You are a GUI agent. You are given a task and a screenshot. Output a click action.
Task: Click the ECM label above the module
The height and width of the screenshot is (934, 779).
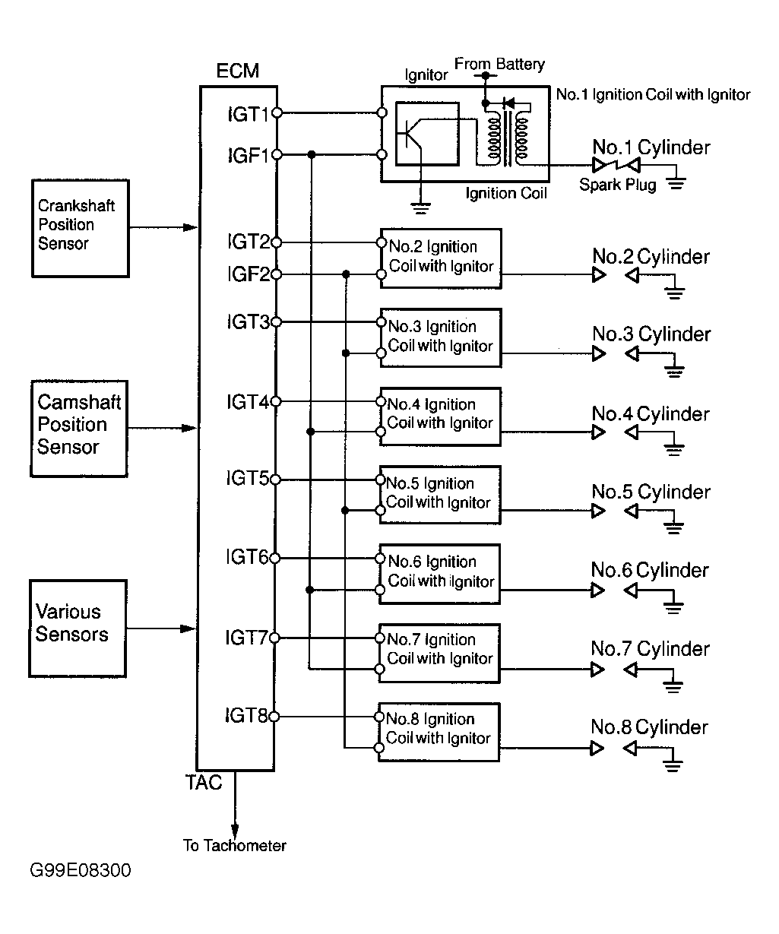(x=238, y=71)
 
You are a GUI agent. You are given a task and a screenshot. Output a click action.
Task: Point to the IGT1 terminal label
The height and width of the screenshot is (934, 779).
(x=249, y=114)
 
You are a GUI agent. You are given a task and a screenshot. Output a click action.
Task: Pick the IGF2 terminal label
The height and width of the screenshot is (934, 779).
(x=249, y=274)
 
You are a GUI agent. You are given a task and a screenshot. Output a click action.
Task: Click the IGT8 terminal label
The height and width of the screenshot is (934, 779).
(x=246, y=715)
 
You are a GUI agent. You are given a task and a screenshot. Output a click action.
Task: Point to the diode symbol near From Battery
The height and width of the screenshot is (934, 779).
(x=508, y=103)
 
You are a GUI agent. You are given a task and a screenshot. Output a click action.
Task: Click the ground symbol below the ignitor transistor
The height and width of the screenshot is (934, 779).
(x=420, y=208)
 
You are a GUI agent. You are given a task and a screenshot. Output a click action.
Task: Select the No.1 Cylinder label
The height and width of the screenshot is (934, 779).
(x=651, y=147)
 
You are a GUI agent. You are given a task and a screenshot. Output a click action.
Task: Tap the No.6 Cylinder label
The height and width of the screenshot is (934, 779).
(x=650, y=570)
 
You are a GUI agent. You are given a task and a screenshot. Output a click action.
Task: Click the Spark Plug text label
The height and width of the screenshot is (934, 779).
(x=617, y=185)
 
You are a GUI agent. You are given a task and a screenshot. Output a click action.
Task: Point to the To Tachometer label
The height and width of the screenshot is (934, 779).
(x=235, y=845)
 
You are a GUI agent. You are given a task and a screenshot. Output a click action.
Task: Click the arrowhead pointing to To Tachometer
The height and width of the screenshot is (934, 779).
(x=235, y=830)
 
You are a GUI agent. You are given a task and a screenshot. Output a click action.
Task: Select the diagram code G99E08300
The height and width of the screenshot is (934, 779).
(x=81, y=870)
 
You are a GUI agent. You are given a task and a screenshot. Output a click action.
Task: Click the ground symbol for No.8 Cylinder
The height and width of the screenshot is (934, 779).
(x=673, y=766)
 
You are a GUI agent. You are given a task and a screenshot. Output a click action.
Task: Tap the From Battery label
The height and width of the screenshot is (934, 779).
(x=499, y=65)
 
